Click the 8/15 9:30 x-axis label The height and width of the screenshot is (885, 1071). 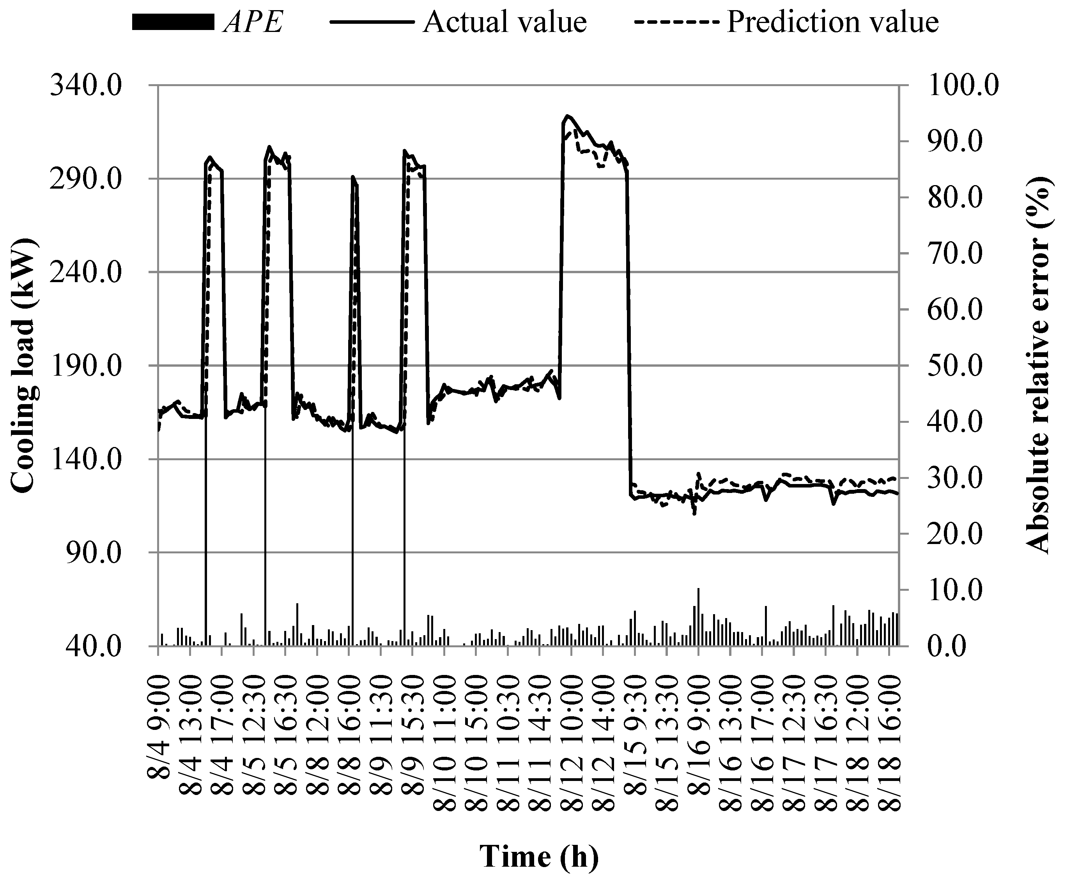point(636,735)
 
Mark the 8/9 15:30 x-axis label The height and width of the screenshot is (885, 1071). point(412,735)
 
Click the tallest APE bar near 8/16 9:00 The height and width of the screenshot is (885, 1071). point(698,617)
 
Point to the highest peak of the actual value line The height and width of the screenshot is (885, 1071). point(568,116)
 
